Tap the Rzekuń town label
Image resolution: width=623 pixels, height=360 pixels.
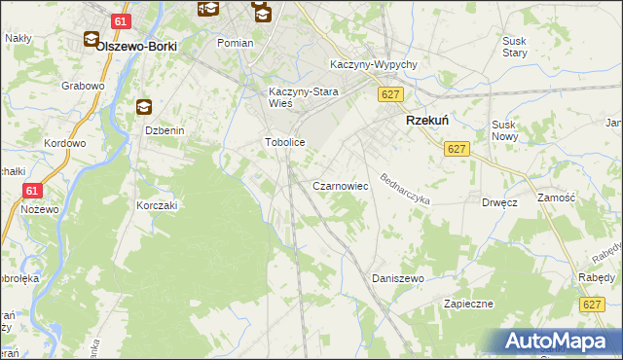click(426, 121)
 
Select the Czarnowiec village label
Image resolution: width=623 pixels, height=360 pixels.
click(339, 185)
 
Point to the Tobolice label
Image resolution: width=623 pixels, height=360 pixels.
click(286, 142)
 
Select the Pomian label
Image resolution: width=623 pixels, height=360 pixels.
click(236, 44)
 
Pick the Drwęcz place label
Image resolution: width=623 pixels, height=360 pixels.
click(498, 202)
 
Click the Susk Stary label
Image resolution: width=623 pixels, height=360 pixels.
click(514, 47)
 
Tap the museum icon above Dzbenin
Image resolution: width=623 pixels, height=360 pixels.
click(145, 107)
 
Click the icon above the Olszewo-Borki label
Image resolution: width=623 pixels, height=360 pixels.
click(92, 40)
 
